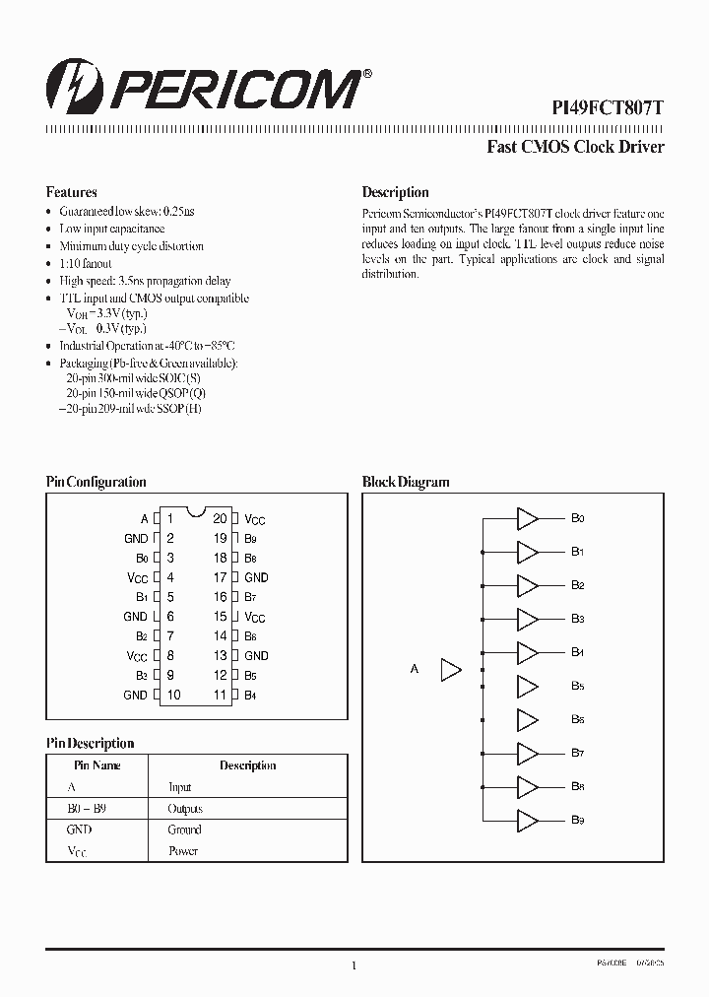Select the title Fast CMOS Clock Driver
click(x=576, y=148)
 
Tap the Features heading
click(x=72, y=192)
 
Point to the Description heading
click(x=395, y=192)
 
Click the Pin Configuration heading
click(x=97, y=482)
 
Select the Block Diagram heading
click(x=406, y=482)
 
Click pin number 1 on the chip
click(x=170, y=518)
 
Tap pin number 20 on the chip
click(x=220, y=518)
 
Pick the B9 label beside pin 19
click(x=251, y=539)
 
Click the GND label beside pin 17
click(x=256, y=577)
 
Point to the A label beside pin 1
click(x=145, y=518)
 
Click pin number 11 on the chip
click(x=221, y=695)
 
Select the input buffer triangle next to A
click(x=450, y=670)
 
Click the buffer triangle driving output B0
click(x=528, y=518)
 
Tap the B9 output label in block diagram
click(x=578, y=821)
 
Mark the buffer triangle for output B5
click(x=528, y=687)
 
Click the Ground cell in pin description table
click(x=184, y=830)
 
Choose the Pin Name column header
click(x=97, y=765)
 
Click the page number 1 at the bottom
click(x=354, y=966)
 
